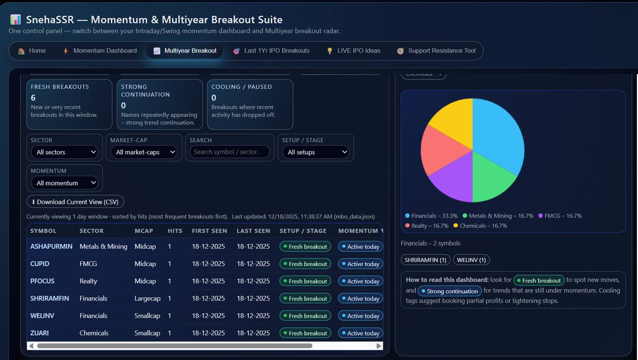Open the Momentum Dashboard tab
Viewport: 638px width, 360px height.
(x=100, y=51)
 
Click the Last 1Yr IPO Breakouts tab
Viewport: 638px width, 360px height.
(x=272, y=51)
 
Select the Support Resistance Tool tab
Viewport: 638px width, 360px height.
(x=436, y=51)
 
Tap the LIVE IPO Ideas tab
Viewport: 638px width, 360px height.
(x=353, y=51)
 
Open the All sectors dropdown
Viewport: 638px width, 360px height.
(x=65, y=152)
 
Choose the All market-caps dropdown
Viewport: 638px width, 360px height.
(x=144, y=152)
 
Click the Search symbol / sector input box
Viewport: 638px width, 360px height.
(x=230, y=152)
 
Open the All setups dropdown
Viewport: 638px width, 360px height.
(x=316, y=152)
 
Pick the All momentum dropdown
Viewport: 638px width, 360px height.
(x=65, y=183)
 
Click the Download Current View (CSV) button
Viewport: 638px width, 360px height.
(x=75, y=202)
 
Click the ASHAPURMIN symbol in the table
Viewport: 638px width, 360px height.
(x=51, y=246)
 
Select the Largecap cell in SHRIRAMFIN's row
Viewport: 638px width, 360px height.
(x=148, y=298)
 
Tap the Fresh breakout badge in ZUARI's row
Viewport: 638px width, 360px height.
(x=305, y=333)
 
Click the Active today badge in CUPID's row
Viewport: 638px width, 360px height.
(x=360, y=264)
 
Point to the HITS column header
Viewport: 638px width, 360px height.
(x=175, y=231)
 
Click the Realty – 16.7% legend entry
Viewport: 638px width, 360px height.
(x=426, y=225)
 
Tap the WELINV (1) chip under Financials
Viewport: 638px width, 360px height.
(x=472, y=260)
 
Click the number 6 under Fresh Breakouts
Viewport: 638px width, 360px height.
(x=33, y=98)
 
